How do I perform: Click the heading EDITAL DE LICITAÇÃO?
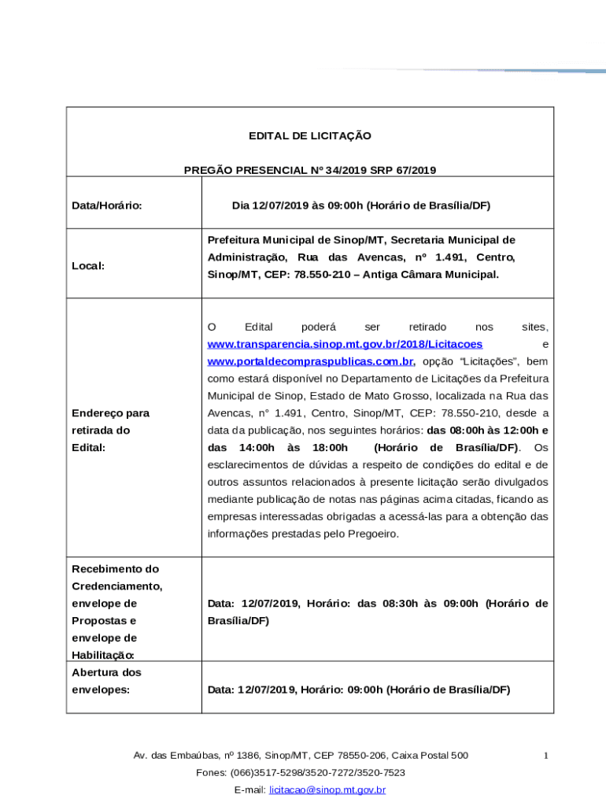[x=310, y=136]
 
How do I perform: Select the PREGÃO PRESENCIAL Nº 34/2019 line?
[x=310, y=170]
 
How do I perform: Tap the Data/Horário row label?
[x=107, y=205]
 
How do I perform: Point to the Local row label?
[x=88, y=266]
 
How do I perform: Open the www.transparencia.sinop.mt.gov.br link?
[x=345, y=345]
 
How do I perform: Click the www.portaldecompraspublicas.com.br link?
[x=310, y=362]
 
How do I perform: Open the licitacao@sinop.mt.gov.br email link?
[x=327, y=789]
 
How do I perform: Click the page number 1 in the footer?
[x=545, y=756]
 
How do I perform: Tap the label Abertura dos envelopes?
[x=106, y=681]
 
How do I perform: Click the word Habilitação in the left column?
[x=103, y=656]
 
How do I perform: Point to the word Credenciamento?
[x=116, y=586]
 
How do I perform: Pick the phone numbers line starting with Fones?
[x=301, y=772]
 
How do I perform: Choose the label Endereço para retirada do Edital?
[x=110, y=431]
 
